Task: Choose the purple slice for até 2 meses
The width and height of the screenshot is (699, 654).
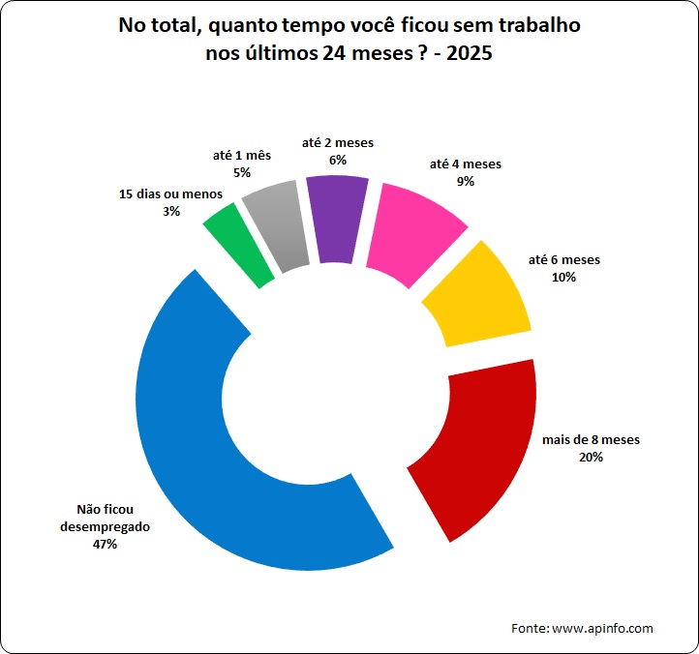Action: coord(337,219)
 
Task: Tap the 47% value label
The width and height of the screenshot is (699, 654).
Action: coord(104,545)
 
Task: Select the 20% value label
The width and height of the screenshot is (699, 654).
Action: coord(591,457)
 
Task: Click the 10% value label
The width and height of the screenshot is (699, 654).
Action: coord(564,277)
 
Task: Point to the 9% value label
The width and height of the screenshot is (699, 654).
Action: coord(466,181)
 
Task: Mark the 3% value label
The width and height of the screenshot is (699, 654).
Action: coord(170,211)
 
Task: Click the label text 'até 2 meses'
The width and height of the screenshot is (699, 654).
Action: coord(338,143)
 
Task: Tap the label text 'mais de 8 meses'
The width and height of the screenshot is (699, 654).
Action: coord(591,440)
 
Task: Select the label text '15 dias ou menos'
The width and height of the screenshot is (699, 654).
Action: coord(170,194)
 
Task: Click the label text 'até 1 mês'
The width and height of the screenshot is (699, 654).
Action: coord(242,156)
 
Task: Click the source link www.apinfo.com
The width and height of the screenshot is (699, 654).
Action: coord(602,629)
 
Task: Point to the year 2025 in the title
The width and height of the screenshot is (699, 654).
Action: coord(467,54)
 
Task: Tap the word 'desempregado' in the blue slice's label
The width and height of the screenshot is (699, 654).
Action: coord(105,527)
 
